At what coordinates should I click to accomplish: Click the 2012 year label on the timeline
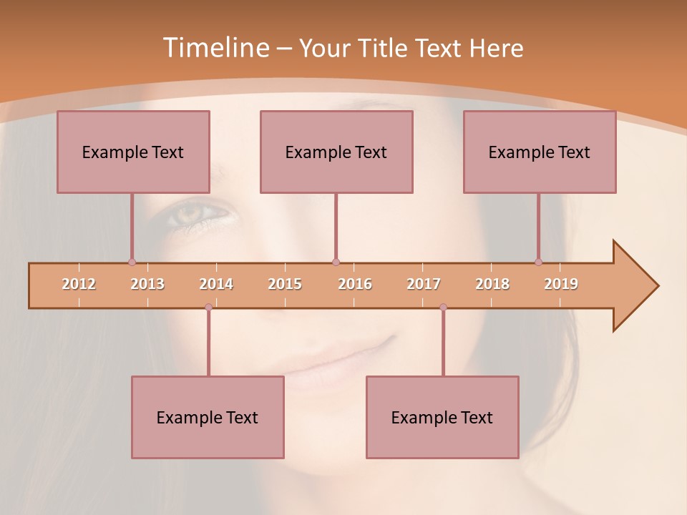[79, 284]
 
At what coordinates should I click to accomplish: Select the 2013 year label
[147, 284]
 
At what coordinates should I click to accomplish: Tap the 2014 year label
[216, 284]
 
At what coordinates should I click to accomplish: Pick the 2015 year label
[285, 284]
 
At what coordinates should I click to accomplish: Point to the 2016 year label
[355, 284]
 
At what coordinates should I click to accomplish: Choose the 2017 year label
[424, 284]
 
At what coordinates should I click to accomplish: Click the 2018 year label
[492, 284]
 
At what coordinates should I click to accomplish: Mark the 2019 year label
[561, 284]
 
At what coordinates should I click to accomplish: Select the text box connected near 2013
[133, 152]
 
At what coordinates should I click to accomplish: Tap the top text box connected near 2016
[336, 152]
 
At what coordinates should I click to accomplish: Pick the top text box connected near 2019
[540, 152]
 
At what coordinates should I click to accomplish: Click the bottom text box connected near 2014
[208, 417]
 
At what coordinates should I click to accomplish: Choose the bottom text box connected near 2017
[442, 417]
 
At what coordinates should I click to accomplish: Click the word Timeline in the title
[215, 47]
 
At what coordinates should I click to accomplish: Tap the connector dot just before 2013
[132, 262]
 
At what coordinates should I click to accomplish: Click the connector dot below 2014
[208, 307]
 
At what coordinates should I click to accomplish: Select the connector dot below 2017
[443, 307]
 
